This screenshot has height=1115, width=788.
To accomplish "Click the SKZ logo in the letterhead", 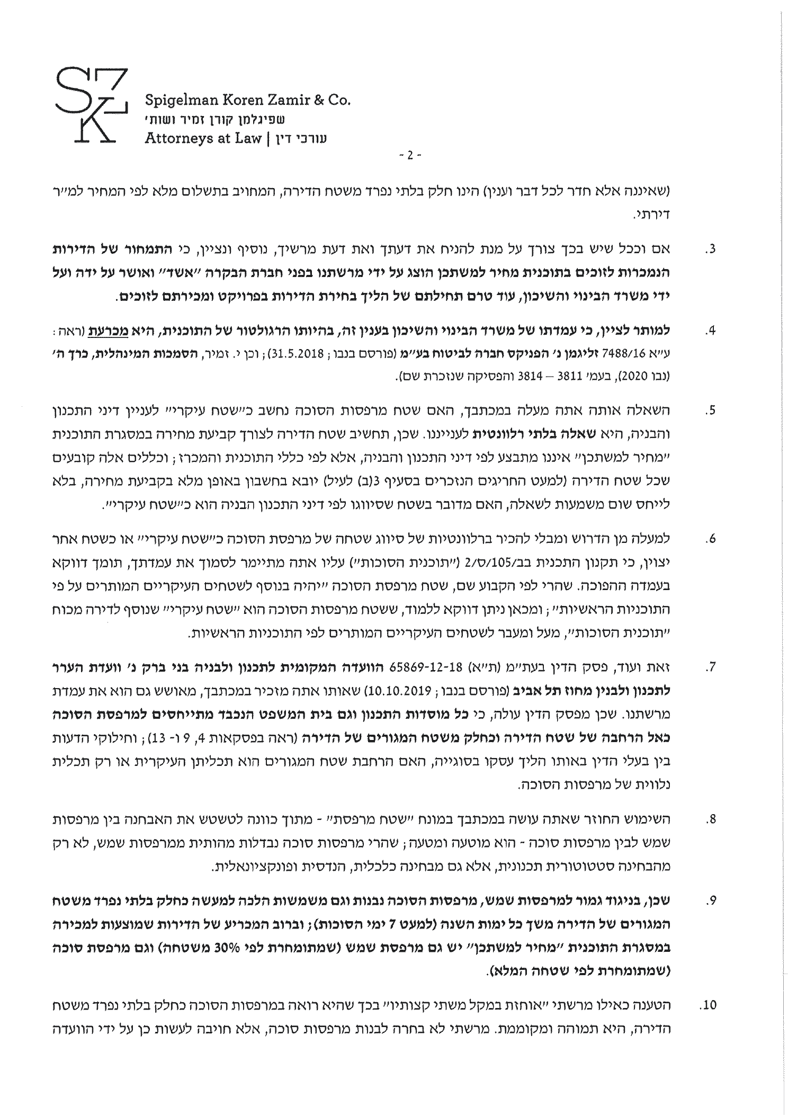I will (x=91, y=105).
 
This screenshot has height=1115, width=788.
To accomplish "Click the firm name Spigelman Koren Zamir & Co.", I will (x=247, y=100).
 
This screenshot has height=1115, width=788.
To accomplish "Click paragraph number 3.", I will (x=712, y=249).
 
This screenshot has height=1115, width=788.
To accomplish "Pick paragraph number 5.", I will (x=712, y=411).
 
